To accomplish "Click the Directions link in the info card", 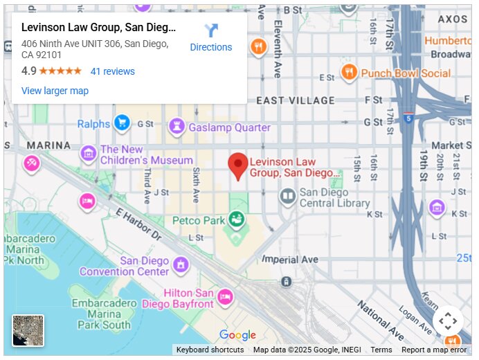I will (211, 38).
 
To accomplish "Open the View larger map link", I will (55, 91).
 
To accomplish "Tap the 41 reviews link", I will (113, 71).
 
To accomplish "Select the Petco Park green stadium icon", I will (237, 220).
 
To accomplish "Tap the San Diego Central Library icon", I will (287, 197).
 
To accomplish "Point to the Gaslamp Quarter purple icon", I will (177, 127).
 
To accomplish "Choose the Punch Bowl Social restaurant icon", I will (350, 72).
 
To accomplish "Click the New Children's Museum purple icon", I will (89, 154).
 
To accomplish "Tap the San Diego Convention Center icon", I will (181, 264).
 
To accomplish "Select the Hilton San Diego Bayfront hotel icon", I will (225, 298).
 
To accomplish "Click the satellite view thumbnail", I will (28, 330).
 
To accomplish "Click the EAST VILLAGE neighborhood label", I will (295, 100).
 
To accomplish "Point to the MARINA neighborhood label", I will (48, 145).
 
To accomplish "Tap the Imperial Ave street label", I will (290, 260).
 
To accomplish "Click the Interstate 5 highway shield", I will (409, 118).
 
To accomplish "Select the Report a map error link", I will (434, 350).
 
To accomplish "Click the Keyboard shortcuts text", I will (210, 350).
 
